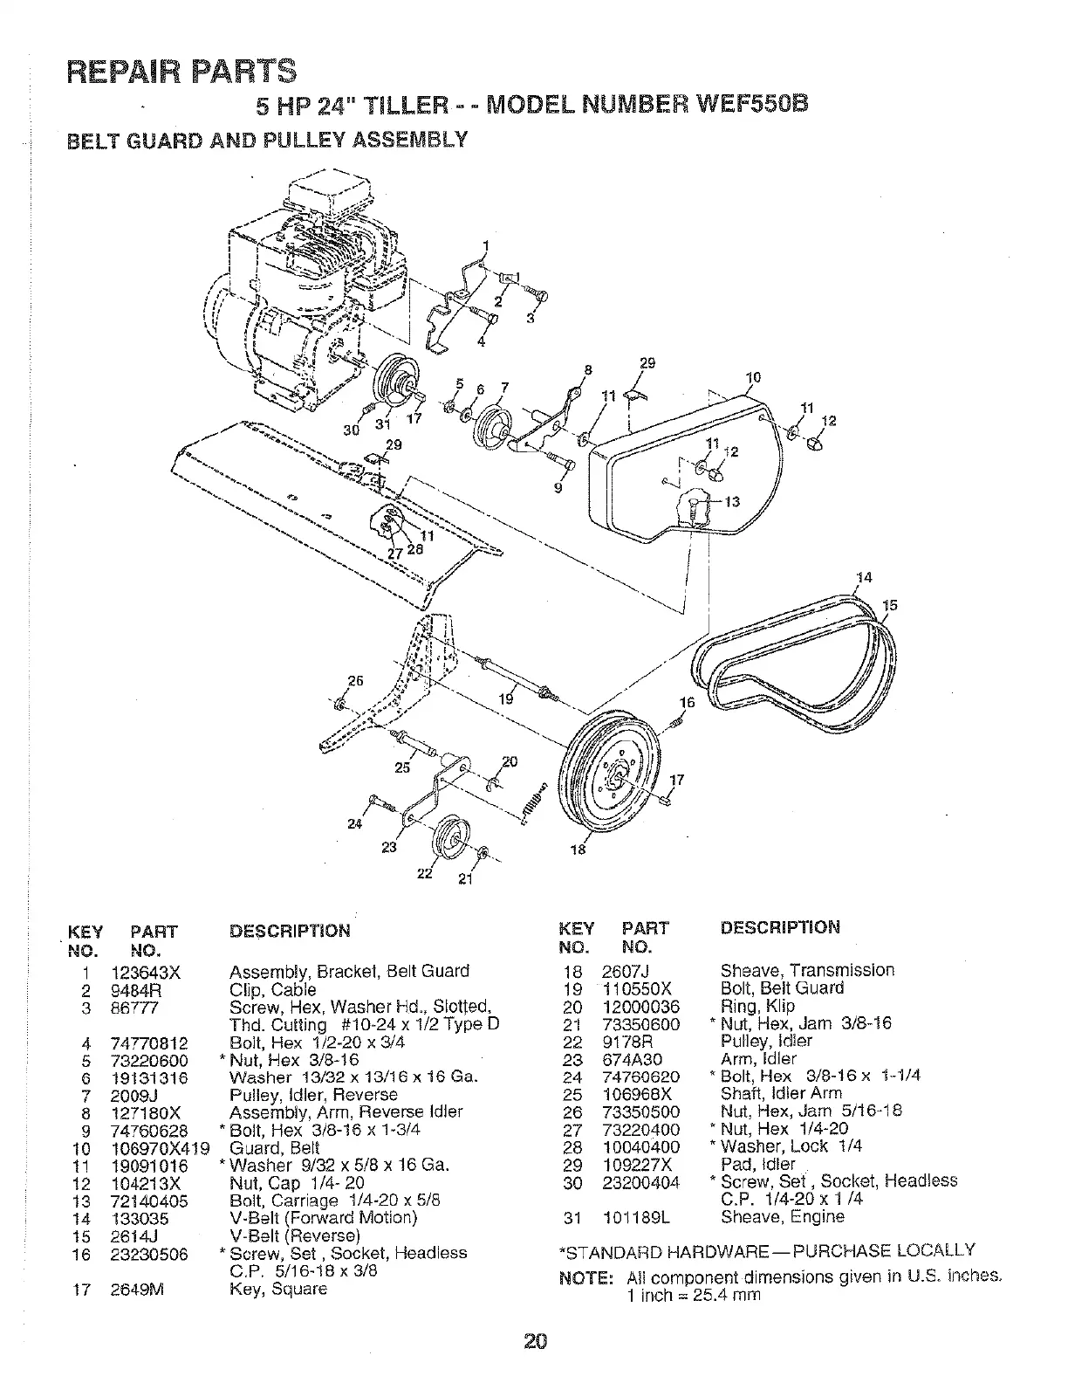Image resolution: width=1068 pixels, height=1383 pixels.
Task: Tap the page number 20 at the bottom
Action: [535, 1340]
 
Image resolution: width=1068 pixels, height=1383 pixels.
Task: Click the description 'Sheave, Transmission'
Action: [807, 970]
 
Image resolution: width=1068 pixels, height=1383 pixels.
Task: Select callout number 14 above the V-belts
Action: [864, 577]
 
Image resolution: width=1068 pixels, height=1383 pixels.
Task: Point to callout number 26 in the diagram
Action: [355, 681]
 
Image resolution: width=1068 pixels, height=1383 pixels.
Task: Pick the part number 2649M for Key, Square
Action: [132, 1289]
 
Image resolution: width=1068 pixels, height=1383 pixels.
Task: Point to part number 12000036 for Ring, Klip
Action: [640, 1006]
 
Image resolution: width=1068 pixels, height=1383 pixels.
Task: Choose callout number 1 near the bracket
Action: [486, 244]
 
